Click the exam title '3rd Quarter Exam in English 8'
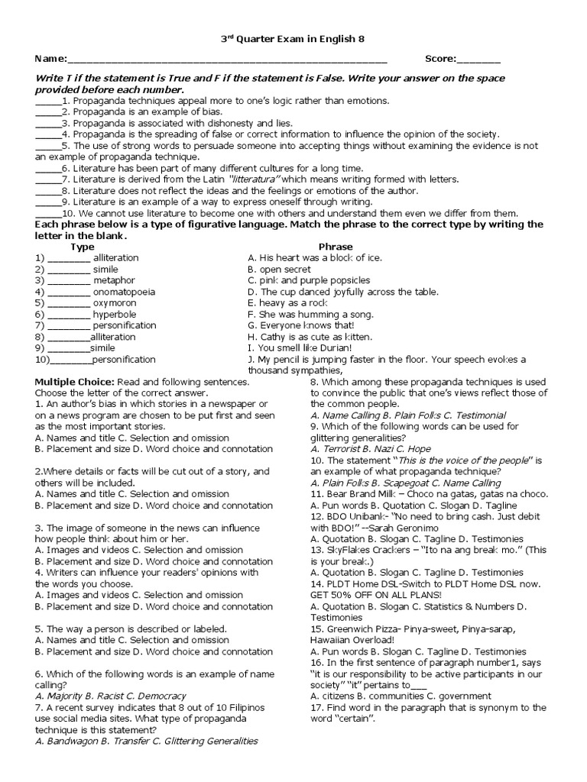click(x=293, y=40)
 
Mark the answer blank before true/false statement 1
click(x=47, y=101)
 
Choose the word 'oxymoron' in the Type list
click(x=115, y=303)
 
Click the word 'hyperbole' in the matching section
click(x=115, y=314)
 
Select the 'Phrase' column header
click(x=336, y=247)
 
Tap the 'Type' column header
click(x=83, y=247)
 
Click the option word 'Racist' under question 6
click(x=104, y=696)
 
